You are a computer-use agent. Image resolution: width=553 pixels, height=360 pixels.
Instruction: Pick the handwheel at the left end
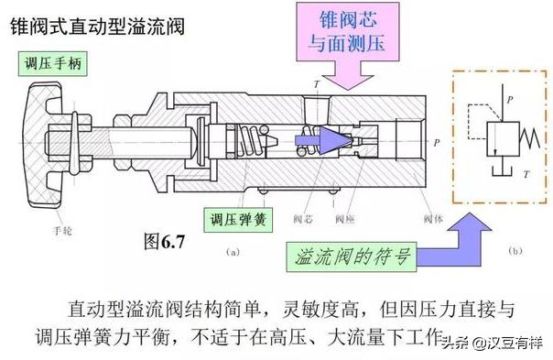[45, 137]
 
